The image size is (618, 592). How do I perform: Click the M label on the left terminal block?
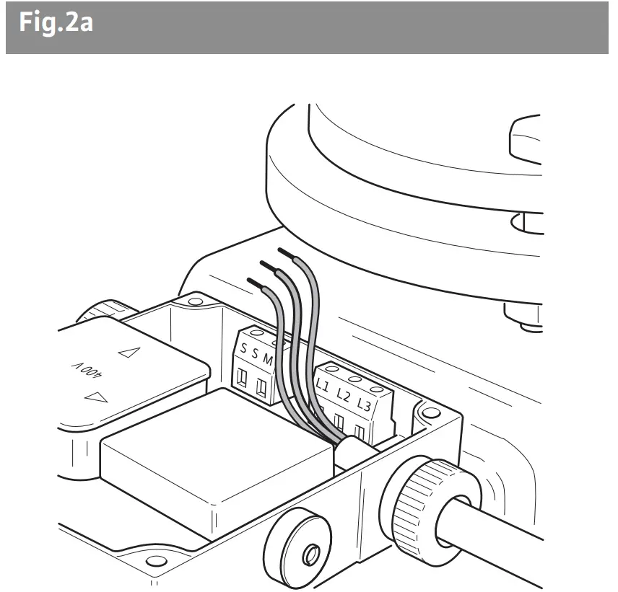tap(268, 359)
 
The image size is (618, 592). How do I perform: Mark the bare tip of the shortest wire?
tap(253, 282)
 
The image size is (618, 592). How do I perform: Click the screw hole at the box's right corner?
tap(430, 413)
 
